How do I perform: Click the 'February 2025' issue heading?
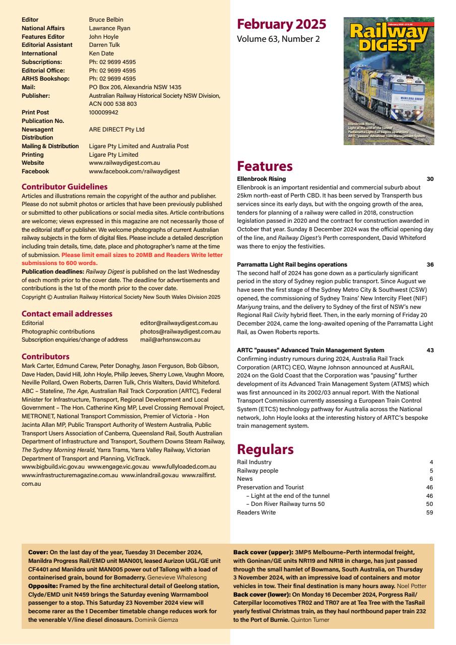tap(281, 24)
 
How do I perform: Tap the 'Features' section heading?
tap(265, 166)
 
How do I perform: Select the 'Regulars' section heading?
tap(265, 449)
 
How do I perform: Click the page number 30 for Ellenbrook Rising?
tap(429, 179)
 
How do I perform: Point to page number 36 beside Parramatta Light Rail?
tap(429, 265)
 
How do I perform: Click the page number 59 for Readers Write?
tap(429, 512)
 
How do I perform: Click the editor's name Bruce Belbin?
tap(106, 20)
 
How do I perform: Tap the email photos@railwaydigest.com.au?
tap(180, 332)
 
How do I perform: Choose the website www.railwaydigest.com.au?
tap(124, 163)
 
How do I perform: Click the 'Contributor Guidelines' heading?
tap(64, 186)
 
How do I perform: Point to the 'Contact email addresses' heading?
tap(67, 313)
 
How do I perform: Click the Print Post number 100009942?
tap(103, 112)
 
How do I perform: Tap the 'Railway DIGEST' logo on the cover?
tap(388, 38)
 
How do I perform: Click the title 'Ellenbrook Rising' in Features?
tap(261, 179)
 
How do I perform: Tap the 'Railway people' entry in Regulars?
tap(257, 471)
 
